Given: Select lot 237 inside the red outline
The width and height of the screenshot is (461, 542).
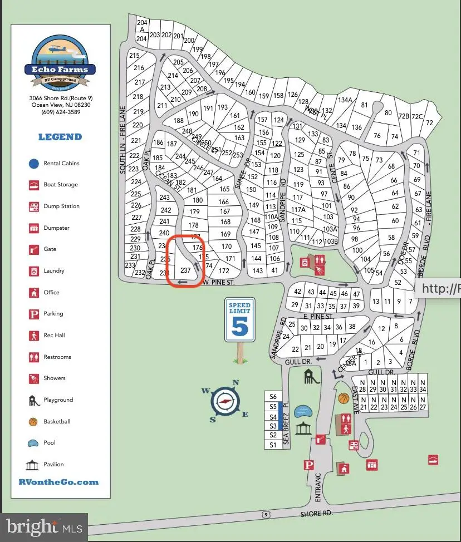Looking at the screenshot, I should point(185,270).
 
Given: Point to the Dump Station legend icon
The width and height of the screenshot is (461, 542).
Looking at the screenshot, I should point(33,206).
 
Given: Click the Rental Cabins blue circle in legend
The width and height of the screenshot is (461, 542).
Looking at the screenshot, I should point(33,164).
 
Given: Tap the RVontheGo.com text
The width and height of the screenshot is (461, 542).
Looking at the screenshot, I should point(58,482).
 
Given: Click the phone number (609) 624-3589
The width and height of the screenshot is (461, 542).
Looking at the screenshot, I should point(60,112).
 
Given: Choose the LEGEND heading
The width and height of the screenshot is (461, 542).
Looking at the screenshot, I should point(60,137).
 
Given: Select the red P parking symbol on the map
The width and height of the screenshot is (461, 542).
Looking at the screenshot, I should point(308,465).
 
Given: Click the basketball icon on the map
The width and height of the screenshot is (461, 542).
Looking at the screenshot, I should point(344,398).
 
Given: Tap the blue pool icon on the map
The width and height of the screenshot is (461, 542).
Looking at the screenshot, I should point(303,411).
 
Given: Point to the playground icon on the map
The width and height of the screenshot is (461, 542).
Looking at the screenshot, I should point(311,377).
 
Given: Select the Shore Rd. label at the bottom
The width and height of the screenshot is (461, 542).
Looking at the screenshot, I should point(315,514).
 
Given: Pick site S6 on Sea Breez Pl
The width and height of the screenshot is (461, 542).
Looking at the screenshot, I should point(273,397).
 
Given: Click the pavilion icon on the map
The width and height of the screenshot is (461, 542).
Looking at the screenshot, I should point(303,429).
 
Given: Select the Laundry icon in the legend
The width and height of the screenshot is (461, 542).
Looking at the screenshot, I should point(33,271).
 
